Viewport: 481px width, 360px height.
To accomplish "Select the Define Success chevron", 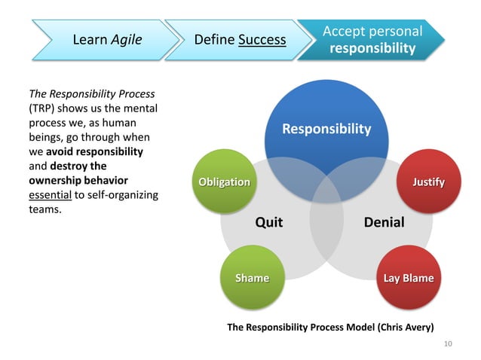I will pyautogui.click(x=240, y=39).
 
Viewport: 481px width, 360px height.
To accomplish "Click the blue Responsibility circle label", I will pyautogui.click(x=326, y=129).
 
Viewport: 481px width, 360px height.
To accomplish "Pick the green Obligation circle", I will pyautogui.click(x=223, y=182).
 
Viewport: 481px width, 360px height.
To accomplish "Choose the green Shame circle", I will pyautogui.click(x=252, y=278).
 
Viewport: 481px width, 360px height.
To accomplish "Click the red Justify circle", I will pyautogui.click(x=427, y=182).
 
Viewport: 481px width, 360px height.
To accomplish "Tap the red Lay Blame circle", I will pyautogui.click(x=408, y=278).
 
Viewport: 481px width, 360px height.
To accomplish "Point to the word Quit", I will pyautogui.click(x=269, y=222).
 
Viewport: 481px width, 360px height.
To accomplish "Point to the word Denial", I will pyautogui.click(x=384, y=222).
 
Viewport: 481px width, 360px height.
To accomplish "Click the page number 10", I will pyautogui.click(x=448, y=344).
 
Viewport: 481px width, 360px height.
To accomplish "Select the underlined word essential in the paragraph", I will pyautogui.click(x=49, y=195).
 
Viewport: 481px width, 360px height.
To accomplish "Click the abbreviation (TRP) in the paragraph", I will pyautogui.click(x=43, y=109).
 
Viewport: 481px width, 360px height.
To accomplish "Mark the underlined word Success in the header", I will pyautogui.click(x=262, y=39).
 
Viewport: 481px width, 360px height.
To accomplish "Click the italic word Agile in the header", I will pyautogui.click(x=126, y=39).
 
